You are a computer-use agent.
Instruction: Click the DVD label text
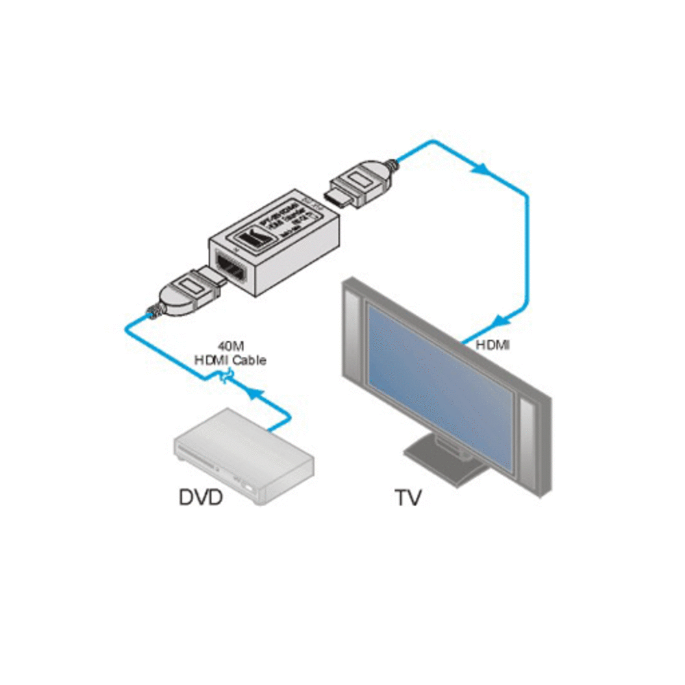[201, 497]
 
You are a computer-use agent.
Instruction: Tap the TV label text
[408, 497]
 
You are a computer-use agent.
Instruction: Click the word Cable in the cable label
[250, 360]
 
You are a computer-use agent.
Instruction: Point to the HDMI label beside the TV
[493, 346]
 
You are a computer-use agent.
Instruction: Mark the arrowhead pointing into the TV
[502, 320]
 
